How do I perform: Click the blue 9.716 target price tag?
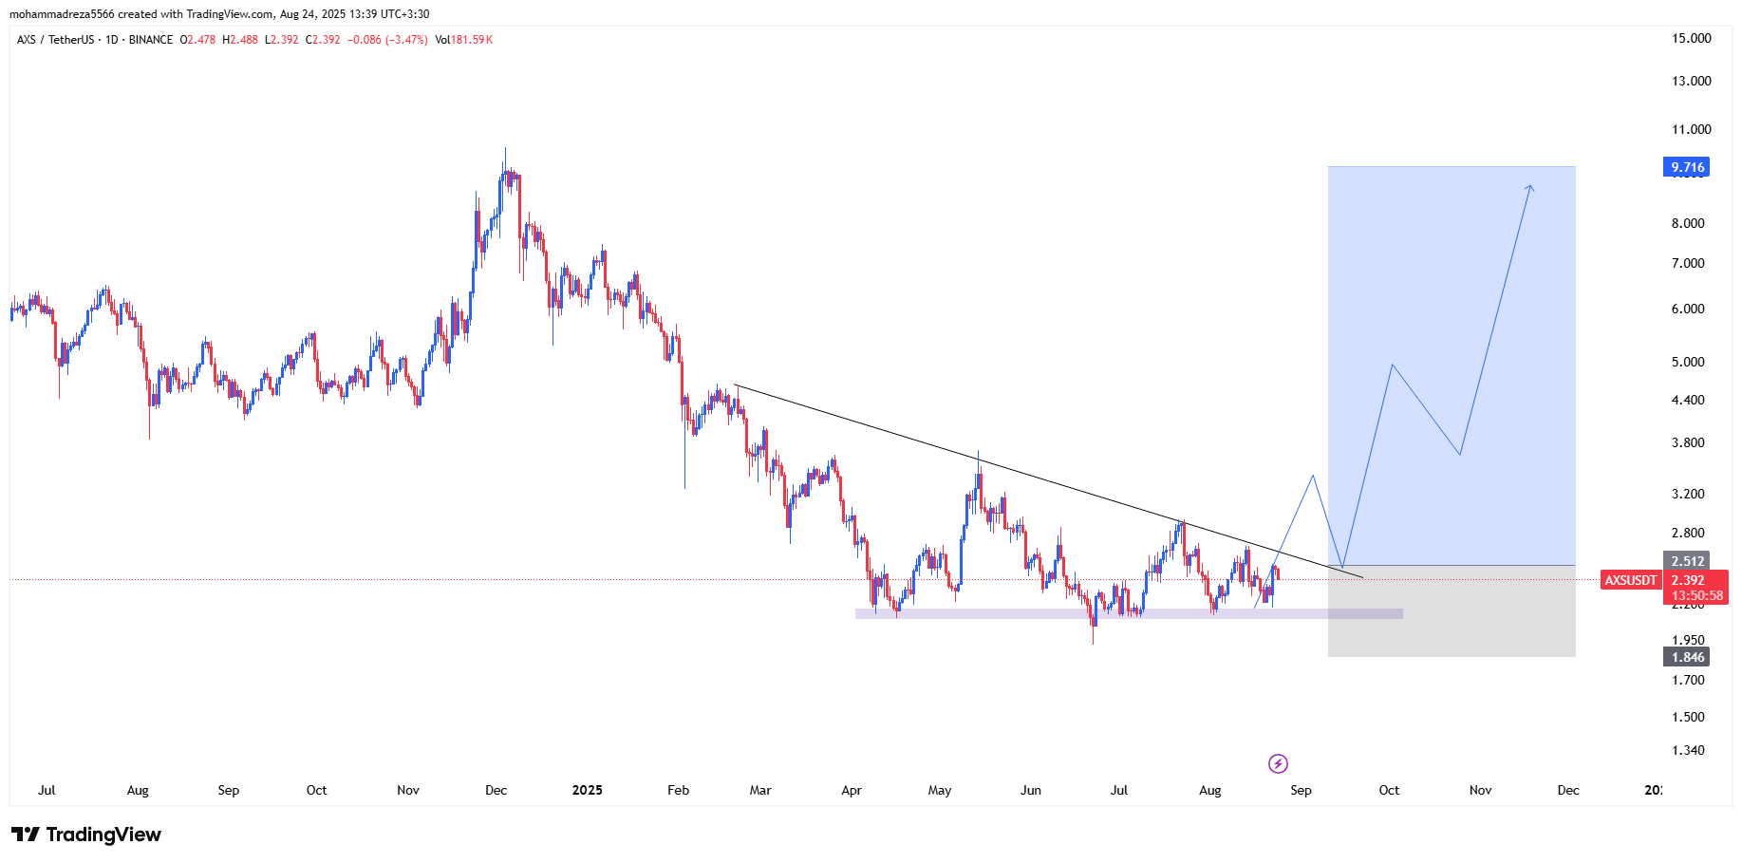click(x=1687, y=167)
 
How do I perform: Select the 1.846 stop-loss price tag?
click(x=1687, y=657)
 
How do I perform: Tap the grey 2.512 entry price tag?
click(x=1687, y=561)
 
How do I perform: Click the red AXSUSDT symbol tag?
click(x=1630, y=580)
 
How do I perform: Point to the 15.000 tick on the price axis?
click(x=1691, y=38)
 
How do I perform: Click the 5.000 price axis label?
click(x=1687, y=362)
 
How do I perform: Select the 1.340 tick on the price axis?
click(x=1687, y=750)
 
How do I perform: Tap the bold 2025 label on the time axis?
click(x=587, y=790)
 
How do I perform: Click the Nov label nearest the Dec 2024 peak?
click(x=407, y=790)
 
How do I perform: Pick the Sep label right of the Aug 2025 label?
click(x=1301, y=790)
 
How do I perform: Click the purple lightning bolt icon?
click(x=1278, y=763)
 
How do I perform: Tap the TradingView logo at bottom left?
click(x=86, y=835)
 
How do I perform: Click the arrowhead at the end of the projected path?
click(x=1529, y=187)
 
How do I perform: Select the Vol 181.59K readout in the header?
click(x=463, y=40)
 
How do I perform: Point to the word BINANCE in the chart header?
click(x=151, y=40)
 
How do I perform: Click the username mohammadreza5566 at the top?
click(x=62, y=14)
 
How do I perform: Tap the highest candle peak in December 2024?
click(x=505, y=150)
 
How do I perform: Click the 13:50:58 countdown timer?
click(x=1696, y=596)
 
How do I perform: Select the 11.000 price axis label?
click(x=1691, y=129)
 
